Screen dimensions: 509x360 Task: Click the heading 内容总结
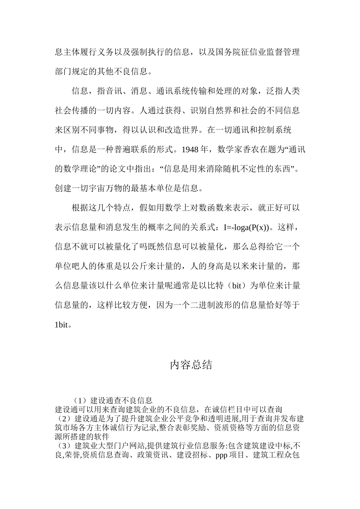click(x=191, y=365)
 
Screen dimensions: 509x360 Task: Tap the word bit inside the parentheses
click(x=236, y=286)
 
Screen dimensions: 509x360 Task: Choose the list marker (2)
click(x=62, y=419)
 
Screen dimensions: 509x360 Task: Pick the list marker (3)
click(x=62, y=445)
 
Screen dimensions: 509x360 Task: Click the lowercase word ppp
click(x=221, y=455)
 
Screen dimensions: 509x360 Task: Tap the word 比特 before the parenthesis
click(x=216, y=286)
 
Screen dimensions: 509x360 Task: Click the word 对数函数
click(x=214, y=208)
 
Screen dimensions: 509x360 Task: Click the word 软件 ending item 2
click(x=101, y=437)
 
